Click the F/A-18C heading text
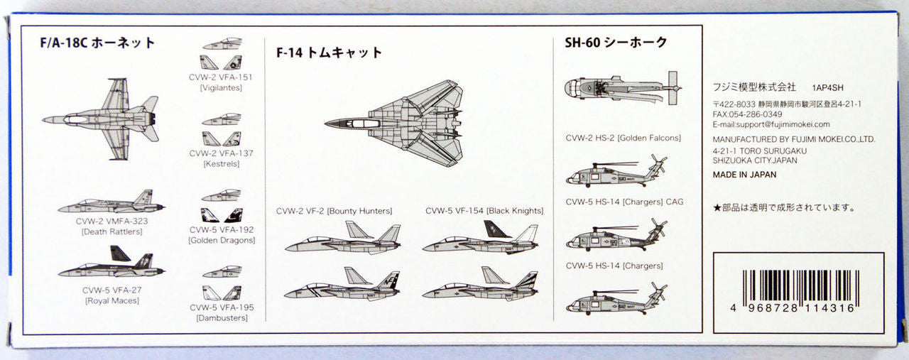point(97,42)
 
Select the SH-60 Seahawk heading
point(616,42)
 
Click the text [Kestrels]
point(221,163)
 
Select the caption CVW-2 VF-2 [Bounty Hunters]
point(334,211)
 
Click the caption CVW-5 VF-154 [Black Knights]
point(484,211)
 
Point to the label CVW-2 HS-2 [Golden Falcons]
point(623,138)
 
